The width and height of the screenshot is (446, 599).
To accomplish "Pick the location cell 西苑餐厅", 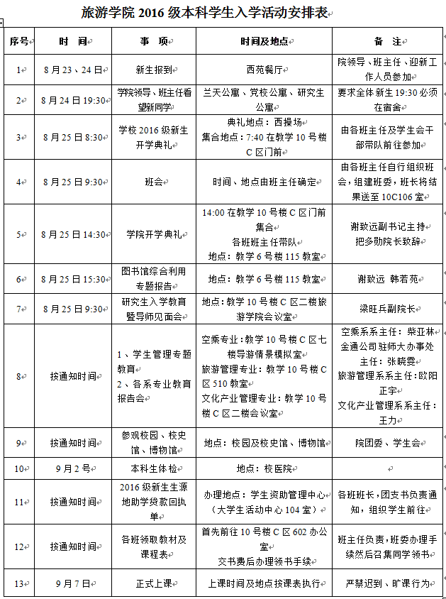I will coord(263,70).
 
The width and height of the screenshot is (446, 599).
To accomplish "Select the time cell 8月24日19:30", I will coord(73,100).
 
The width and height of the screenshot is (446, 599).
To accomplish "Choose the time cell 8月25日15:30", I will coord(73,280).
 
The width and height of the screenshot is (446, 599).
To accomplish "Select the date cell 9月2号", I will coord(72,468).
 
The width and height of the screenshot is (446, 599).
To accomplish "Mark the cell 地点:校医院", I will coord(263,468).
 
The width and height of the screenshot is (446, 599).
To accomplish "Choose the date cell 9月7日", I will coord(73,583).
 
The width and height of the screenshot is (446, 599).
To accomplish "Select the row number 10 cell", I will coord(19,468).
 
